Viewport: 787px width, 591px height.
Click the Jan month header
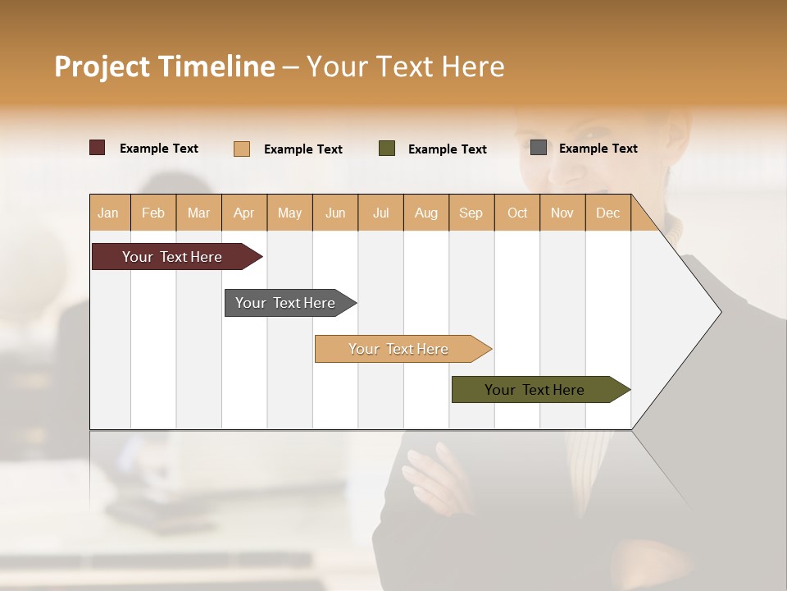pos(108,213)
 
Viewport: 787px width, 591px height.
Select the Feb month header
pos(153,213)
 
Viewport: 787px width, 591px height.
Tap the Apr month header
pos(243,213)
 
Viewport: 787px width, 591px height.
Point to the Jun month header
pos(335,213)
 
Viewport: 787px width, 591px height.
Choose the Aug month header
pos(425,213)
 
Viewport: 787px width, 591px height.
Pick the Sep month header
pos(471,213)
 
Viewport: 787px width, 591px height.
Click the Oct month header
pos(517,213)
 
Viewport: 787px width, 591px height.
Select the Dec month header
pos(607,213)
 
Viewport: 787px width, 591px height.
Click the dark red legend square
pos(98,148)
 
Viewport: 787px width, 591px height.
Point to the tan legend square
pos(242,149)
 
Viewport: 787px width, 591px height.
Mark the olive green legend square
pos(387,149)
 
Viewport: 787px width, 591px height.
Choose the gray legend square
pos(539,148)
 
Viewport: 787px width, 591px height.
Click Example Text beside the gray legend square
pos(598,148)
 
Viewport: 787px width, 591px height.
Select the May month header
pos(289,213)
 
